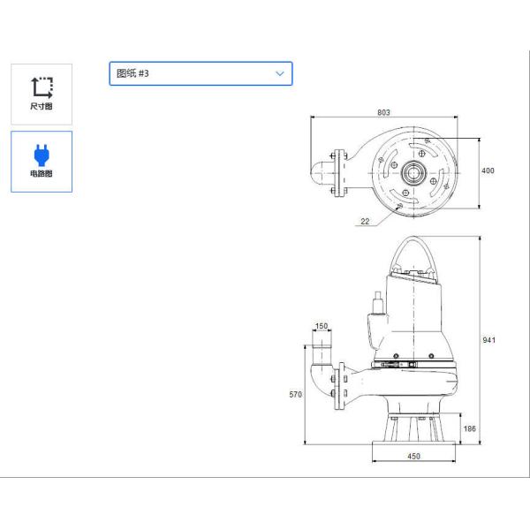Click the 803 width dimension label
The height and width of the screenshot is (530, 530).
[x=383, y=113]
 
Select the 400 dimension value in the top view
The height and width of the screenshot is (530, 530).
[x=488, y=170]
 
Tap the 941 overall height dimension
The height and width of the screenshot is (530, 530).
[x=488, y=340]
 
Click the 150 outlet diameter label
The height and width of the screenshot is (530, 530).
[x=322, y=326]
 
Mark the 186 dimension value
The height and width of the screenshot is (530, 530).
[x=469, y=428]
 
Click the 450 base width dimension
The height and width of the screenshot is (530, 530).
[x=413, y=456]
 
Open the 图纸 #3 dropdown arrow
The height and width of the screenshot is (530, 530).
[x=280, y=73]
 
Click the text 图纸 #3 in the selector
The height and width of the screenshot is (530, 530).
[x=133, y=73]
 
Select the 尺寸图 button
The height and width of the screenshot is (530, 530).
[x=42, y=94]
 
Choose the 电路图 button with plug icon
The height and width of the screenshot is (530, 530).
[x=42, y=162]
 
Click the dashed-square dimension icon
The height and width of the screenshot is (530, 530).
[x=42, y=86]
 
